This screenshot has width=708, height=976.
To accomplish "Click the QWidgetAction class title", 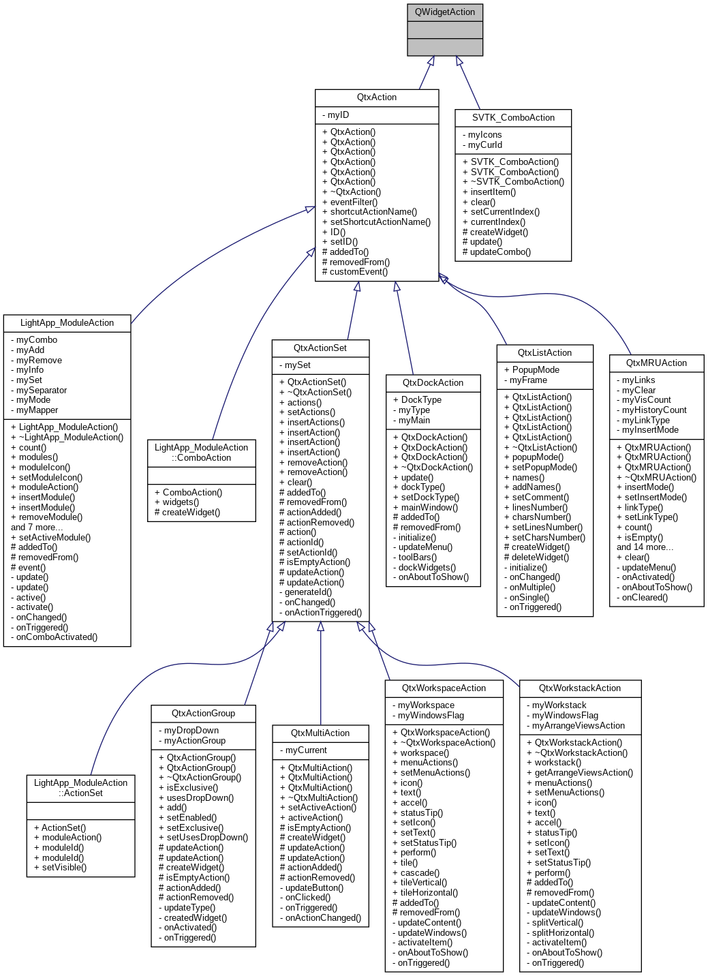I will [444, 12].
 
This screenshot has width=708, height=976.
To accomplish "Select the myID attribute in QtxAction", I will [338, 115].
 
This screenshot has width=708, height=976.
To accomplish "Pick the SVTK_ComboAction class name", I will [513, 118].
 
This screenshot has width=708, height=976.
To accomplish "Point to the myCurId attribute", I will [484, 144].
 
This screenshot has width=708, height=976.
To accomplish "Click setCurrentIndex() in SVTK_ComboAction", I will [504, 212].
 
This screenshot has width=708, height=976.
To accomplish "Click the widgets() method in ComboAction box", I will [181, 502].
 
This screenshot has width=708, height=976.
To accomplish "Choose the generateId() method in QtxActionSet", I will [308, 592].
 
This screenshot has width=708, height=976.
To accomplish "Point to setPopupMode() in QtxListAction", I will [544, 468].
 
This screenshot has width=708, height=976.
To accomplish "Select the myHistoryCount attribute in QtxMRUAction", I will [654, 410].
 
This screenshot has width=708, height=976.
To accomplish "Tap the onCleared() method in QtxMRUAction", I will [645, 598].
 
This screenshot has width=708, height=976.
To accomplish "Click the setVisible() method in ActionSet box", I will [64, 868].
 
